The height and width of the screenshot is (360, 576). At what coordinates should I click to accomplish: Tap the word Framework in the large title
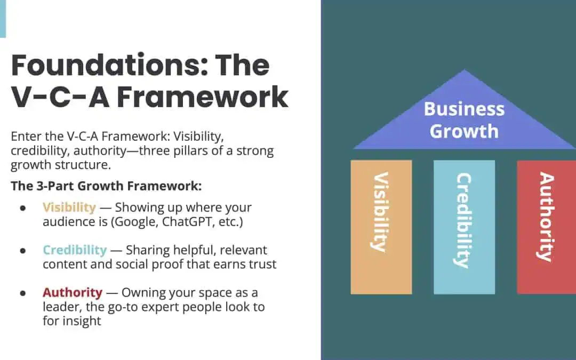click(x=203, y=97)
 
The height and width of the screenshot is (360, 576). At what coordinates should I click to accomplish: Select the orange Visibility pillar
click(x=381, y=227)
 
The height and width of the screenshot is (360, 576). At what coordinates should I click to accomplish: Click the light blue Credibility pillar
click(x=464, y=227)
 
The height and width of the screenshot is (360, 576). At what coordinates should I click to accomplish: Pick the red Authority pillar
click(x=546, y=227)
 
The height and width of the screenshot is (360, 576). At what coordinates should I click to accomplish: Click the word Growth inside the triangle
click(x=465, y=132)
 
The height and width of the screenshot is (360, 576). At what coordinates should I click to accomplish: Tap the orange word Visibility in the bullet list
click(x=69, y=207)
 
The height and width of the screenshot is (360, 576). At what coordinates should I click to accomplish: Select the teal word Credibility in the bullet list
click(x=75, y=250)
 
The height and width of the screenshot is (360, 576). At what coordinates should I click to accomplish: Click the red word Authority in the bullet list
click(x=73, y=293)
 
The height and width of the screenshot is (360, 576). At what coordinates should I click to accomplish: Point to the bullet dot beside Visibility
click(x=23, y=209)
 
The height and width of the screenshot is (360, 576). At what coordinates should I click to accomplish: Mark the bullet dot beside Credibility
click(x=23, y=251)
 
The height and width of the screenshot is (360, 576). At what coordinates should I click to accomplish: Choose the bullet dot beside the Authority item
click(x=23, y=293)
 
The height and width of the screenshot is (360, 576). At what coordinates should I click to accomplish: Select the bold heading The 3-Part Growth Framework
click(x=106, y=186)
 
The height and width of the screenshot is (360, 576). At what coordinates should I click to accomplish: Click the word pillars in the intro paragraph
click(x=191, y=151)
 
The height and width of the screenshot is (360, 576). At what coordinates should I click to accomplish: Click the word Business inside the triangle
click(x=465, y=109)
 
